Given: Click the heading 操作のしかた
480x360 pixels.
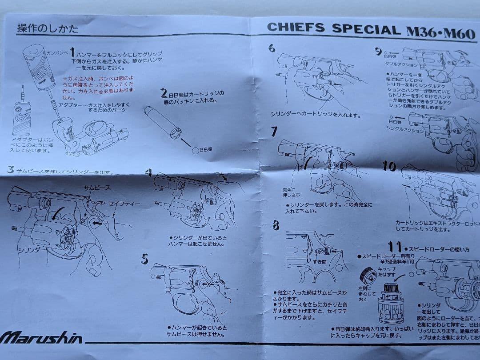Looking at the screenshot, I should point(48,29).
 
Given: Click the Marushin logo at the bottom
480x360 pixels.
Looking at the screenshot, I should point(41,338).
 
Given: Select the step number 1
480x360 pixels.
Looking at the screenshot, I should point(72,53).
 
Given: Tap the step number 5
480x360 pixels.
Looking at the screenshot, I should point(144,259).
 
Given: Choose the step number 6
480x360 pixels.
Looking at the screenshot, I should point(272,48).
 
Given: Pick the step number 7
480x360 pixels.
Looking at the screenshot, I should point(274,132).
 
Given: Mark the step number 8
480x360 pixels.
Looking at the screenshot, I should point(276,226).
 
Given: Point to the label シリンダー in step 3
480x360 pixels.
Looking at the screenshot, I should point(32,250).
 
